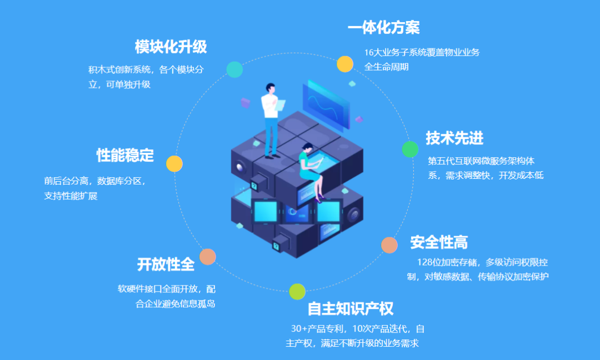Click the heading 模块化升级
[x=171, y=47]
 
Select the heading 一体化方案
[x=384, y=27]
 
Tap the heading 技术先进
[x=454, y=138]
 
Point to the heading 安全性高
[x=439, y=242]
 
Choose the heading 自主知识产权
[x=351, y=308]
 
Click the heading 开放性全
[x=166, y=264]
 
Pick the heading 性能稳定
[x=125, y=155]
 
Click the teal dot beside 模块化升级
[x=234, y=69]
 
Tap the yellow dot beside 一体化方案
[x=345, y=64]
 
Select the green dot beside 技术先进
[x=410, y=149]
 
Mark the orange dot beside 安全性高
[x=389, y=245]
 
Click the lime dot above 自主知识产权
[x=297, y=292]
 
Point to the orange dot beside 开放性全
[x=208, y=257]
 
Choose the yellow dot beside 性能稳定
[x=174, y=164]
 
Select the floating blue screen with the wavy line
[x=326, y=104]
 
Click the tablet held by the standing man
[x=280, y=105]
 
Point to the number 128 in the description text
[x=425, y=262]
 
